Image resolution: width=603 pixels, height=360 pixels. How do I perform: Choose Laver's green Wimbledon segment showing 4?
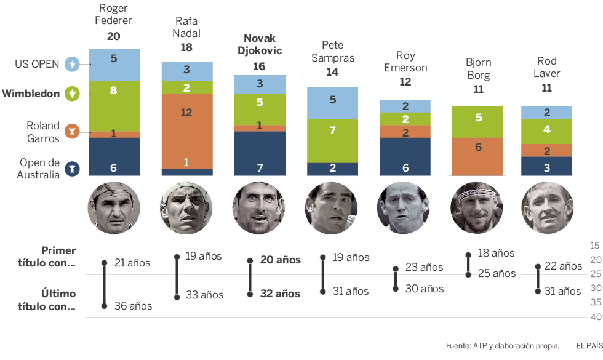pyautogui.click(x=546, y=130)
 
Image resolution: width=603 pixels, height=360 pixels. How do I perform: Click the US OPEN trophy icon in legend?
pyautogui.click(x=73, y=63)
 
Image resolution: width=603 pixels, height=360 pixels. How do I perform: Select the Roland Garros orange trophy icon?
pyautogui.click(x=73, y=131)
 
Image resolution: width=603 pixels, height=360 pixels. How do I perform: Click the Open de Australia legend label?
pyautogui.click(x=39, y=169)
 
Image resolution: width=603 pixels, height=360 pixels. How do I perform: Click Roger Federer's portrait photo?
pyautogui.click(x=114, y=208)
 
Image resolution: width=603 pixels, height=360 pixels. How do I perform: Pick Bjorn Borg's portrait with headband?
pyautogui.click(x=477, y=208)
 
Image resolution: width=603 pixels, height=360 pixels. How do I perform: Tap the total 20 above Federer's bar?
pyautogui.click(x=114, y=36)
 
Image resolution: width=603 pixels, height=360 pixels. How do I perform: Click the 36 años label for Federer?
pyautogui.click(x=133, y=306)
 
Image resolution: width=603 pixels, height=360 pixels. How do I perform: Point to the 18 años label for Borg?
pyautogui.click(x=496, y=253)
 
